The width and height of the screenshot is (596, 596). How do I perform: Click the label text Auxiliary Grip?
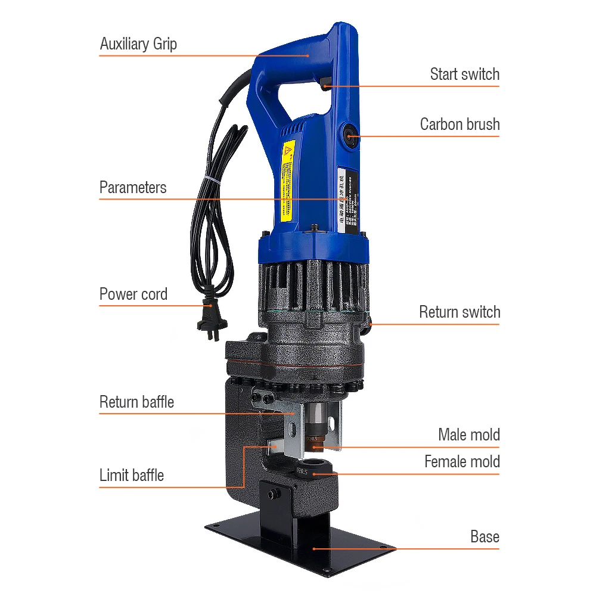click(x=138, y=44)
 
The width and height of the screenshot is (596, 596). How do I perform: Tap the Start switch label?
click(x=464, y=74)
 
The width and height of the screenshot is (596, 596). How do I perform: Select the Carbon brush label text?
click(x=460, y=125)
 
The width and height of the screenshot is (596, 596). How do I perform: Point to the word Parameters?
click(x=133, y=188)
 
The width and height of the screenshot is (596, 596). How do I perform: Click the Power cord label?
click(x=134, y=294)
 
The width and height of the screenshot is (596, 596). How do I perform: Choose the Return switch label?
click(x=460, y=312)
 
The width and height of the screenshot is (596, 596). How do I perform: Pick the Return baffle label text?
click(x=136, y=402)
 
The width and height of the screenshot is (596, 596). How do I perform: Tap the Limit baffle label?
click(x=131, y=476)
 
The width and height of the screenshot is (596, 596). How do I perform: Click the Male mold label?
click(x=468, y=435)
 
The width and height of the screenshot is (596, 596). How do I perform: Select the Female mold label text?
click(x=462, y=462)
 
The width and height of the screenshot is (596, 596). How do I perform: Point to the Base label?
click(x=485, y=537)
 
